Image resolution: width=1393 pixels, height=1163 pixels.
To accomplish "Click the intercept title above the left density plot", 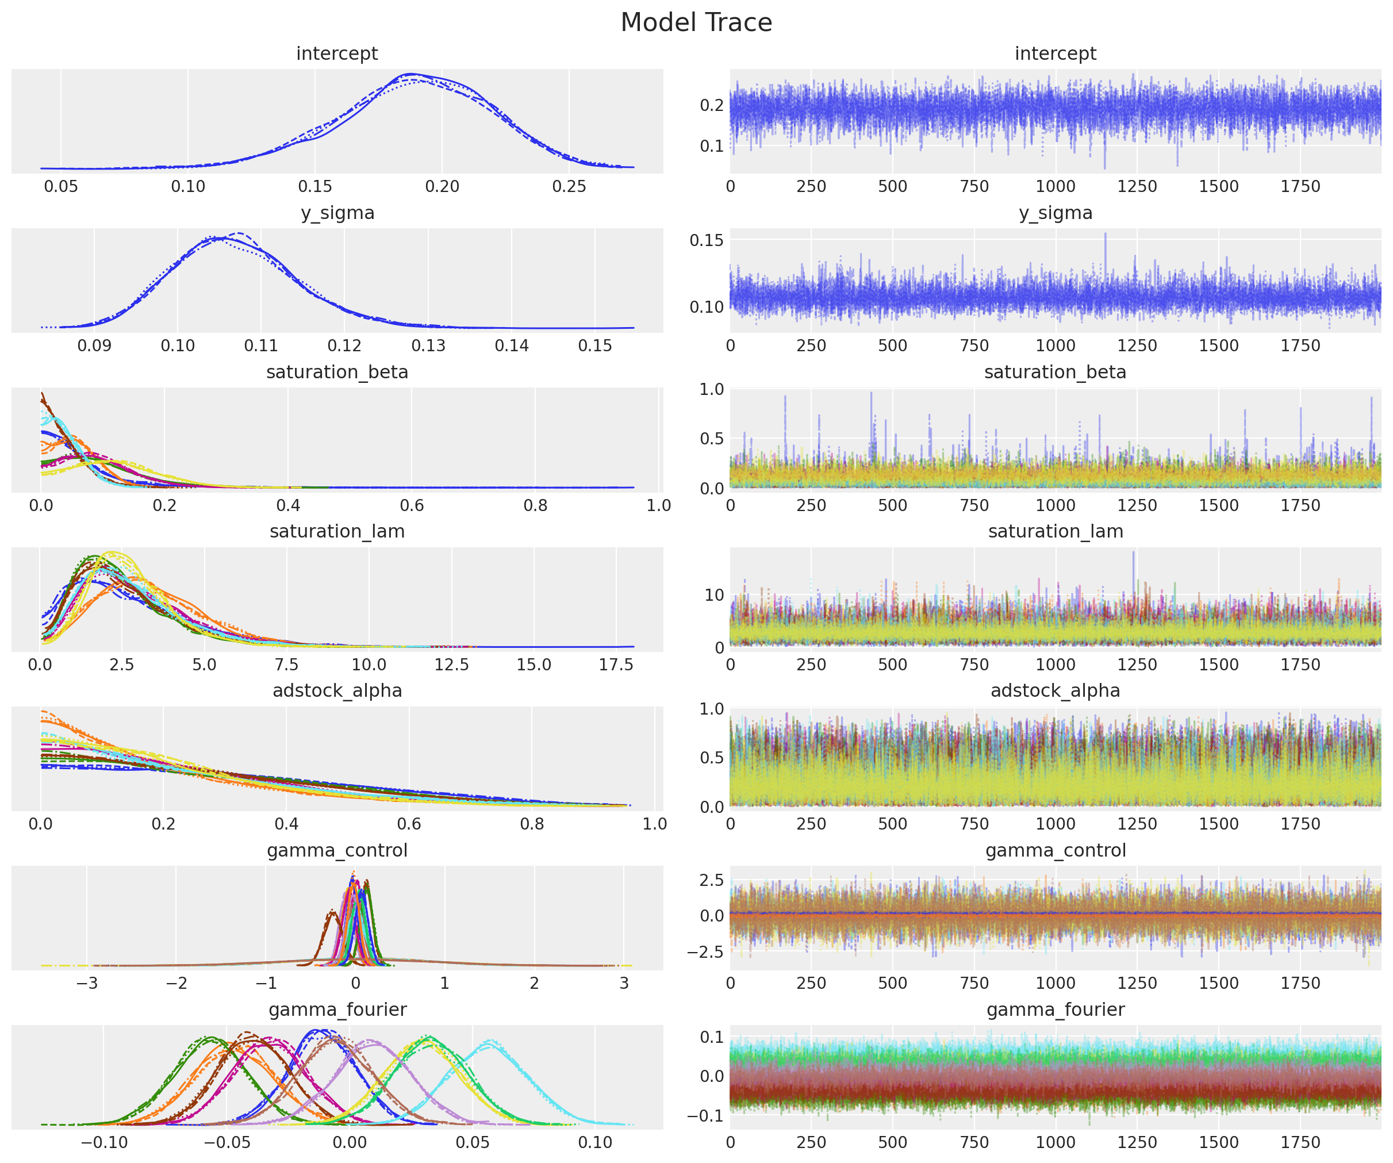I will (x=337, y=53).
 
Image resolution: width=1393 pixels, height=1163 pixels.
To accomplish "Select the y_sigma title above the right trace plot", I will (x=1056, y=213).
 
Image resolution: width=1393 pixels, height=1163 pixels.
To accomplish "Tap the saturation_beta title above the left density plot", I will (x=337, y=372).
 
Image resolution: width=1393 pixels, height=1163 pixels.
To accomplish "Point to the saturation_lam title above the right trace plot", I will (x=1056, y=531).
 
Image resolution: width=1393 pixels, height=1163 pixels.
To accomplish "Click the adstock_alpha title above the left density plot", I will (x=337, y=690).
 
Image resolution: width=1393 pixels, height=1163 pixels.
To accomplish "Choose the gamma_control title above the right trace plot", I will (x=1056, y=850).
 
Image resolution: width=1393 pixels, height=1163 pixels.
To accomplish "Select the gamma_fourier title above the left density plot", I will (x=337, y=1009).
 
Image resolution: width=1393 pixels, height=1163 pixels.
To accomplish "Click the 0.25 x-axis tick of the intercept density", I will (x=569, y=186).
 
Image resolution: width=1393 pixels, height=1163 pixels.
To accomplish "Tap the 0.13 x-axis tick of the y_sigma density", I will (x=428, y=346).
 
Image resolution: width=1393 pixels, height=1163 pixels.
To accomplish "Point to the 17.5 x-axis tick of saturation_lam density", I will (x=616, y=664).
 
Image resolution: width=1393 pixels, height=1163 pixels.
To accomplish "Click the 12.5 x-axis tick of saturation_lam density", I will (x=452, y=664).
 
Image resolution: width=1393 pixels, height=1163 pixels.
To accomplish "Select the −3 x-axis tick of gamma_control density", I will (x=87, y=982).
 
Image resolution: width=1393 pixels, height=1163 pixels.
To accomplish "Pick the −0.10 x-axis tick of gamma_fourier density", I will (x=104, y=1142).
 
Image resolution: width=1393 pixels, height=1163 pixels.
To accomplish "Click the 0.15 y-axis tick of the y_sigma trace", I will (x=707, y=240).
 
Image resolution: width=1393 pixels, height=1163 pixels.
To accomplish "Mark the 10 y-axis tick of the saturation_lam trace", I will (x=713, y=595).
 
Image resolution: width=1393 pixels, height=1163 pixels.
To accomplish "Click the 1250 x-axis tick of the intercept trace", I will (x=1137, y=186).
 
